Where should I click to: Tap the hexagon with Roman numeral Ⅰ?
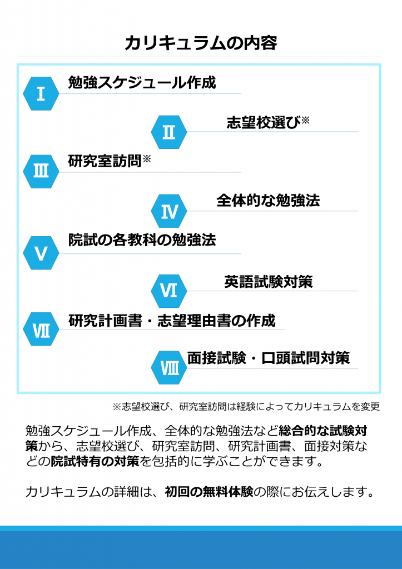[41, 93]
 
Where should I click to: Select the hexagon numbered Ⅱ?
[169, 132]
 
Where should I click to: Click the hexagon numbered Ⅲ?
[41, 171]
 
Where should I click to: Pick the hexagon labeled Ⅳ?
[169, 211]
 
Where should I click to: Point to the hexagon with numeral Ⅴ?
[41, 253]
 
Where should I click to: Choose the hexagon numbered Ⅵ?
[169, 291]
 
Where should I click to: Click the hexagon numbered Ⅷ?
[169, 368]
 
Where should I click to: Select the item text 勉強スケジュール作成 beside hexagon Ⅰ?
[142, 83]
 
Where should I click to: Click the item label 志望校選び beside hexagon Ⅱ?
[264, 123]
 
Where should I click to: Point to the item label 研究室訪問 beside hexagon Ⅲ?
[105, 161]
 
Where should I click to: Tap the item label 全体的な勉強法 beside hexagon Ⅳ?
[268, 200]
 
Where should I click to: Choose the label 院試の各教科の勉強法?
[142, 240]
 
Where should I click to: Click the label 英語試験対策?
[269, 282]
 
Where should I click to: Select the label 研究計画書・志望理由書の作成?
[172, 321]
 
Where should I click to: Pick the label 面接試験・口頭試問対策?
[269, 358]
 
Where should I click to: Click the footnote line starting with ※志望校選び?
[246, 406]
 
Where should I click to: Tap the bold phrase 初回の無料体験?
[209, 492]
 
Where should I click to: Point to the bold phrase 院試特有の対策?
[95, 462]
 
